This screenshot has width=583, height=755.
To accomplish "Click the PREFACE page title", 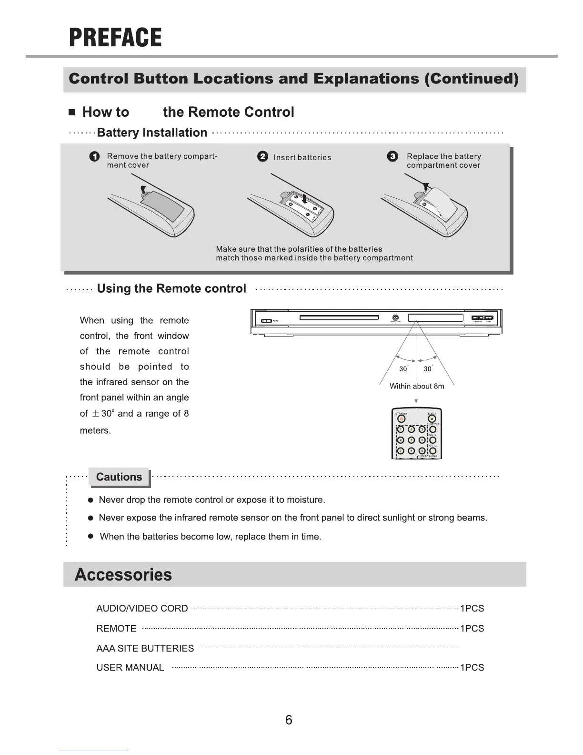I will (x=115, y=38).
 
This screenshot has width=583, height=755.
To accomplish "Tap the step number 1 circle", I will (x=95, y=157).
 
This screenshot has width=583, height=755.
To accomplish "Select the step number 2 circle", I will (x=262, y=157).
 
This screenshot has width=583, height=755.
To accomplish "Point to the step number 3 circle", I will (x=392, y=156).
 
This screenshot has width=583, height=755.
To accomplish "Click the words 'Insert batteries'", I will (x=302, y=158).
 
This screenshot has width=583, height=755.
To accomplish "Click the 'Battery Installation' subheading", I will (x=152, y=133).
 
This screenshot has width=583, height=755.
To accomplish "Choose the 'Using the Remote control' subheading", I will (x=171, y=289).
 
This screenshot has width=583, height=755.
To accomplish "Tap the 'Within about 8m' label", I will (x=417, y=386).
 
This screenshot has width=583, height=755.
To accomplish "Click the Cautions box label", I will (x=119, y=477).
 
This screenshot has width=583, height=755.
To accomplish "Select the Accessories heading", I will (x=123, y=575).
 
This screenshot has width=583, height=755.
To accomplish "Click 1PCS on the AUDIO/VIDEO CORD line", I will (x=472, y=609).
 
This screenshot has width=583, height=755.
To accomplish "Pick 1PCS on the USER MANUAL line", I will (x=472, y=668).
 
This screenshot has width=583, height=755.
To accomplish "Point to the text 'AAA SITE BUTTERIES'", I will (x=145, y=649).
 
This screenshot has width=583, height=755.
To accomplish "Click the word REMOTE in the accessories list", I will (x=116, y=629).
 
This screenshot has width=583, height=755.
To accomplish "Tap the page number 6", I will (x=289, y=720).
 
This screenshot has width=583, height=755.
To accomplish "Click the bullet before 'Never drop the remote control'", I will (x=90, y=500).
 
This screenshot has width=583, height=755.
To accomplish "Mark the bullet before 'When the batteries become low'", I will (x=90, y=537).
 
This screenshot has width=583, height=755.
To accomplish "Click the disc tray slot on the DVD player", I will (x=339, y=318).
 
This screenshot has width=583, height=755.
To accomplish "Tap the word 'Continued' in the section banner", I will (x=471, y=79).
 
